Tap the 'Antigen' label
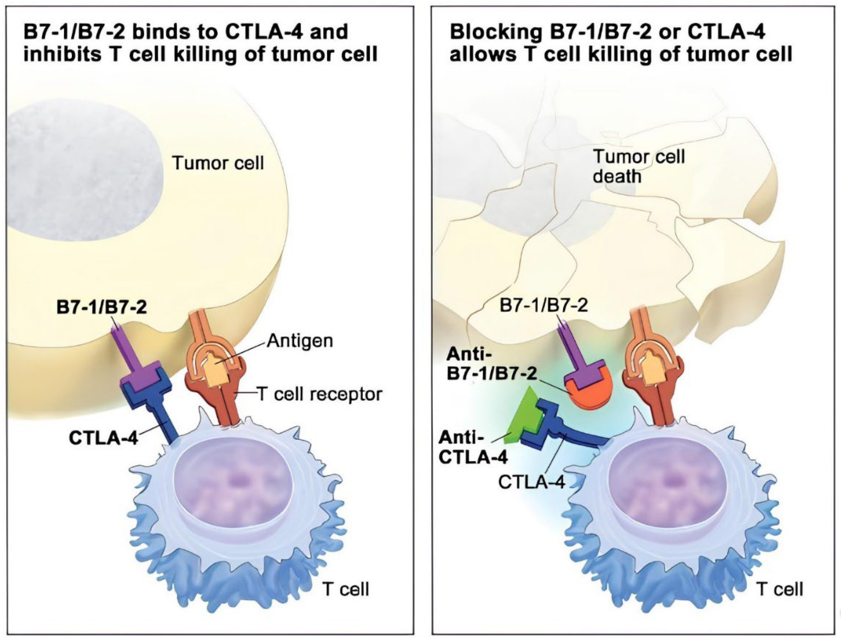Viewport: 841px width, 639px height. [x=300, y=341]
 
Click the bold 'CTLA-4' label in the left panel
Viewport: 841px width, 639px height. [x=103, y=438]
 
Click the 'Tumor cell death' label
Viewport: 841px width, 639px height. [x=639, y=167]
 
